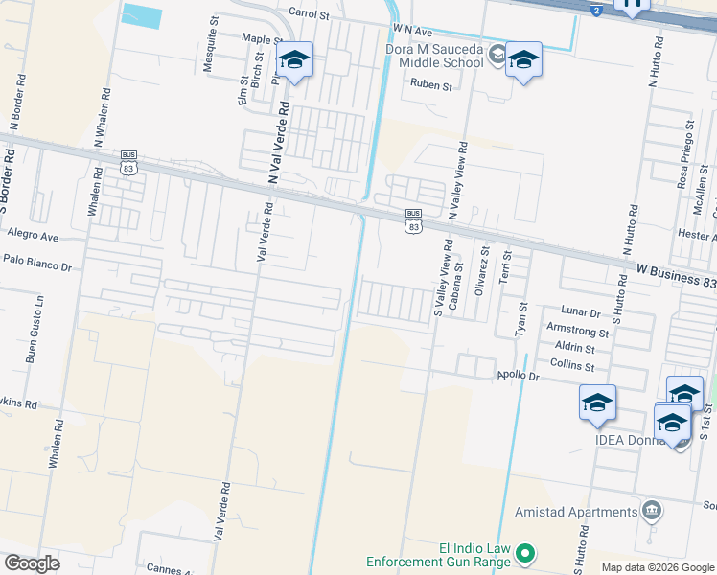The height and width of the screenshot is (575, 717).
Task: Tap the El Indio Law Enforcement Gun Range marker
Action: tap(525, 553)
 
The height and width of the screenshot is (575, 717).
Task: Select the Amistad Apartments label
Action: tap(576, 512)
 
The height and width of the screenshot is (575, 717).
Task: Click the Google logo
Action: tap(32, 563)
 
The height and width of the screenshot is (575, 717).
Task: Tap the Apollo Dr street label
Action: tap(519, 377)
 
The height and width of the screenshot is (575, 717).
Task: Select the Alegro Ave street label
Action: tap(33, 236)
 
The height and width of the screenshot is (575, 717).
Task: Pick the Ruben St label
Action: tap(430, 85)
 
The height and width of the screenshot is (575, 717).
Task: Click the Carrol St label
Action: tap(309, 15)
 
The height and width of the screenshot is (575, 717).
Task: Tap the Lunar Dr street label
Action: tap(580, 312)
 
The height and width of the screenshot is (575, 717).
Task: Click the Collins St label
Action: tap(573, 365)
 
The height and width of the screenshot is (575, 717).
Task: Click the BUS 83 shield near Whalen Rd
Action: tap(129, 161)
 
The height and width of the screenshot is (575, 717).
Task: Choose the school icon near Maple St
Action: tap(294, 61)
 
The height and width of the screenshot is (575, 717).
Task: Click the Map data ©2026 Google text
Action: tap(658, 567)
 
